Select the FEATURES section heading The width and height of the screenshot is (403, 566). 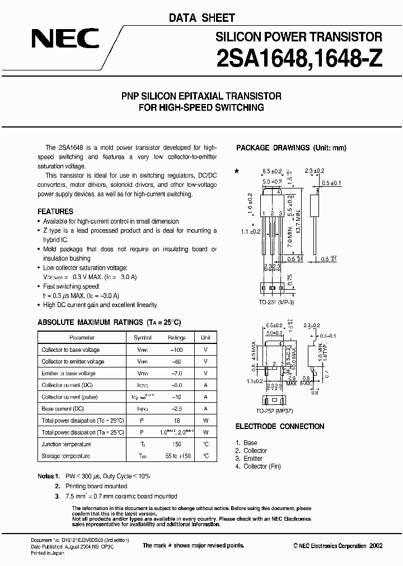[x=55, y=212]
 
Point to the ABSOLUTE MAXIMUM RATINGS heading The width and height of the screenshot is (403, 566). [x=109, y=323]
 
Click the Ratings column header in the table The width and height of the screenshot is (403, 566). [x=177, y=338]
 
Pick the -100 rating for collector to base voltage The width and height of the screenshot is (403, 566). [x=177, y=350]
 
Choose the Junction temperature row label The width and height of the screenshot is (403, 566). [x=66, y=444]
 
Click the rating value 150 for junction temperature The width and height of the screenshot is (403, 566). [x=177, y=444]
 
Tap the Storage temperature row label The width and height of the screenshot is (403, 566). [x=65, y=456]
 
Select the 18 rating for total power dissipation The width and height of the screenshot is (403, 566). [x=177, y=421]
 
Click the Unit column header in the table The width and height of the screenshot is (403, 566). [x=206, y=338]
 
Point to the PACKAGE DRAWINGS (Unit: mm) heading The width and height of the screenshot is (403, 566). [x=291, y=148]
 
